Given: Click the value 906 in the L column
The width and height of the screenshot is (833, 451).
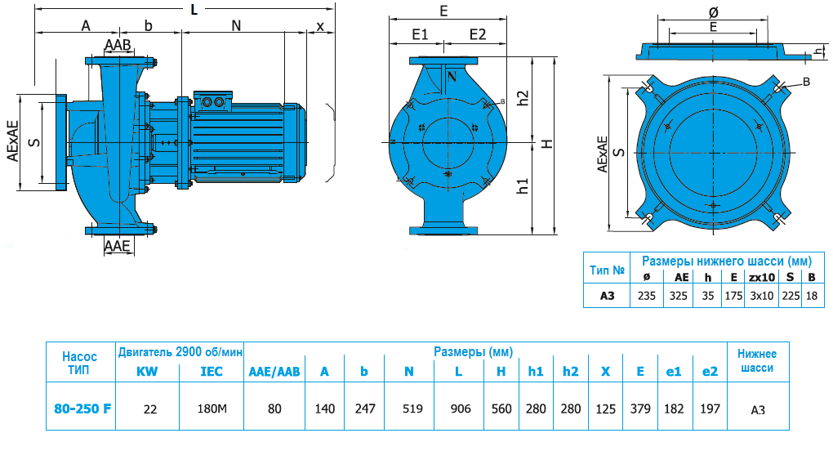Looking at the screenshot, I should [461, 409].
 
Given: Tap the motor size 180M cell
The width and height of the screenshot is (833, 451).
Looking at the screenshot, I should [213, 409].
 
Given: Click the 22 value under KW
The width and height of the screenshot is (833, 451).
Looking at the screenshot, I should [150, 409].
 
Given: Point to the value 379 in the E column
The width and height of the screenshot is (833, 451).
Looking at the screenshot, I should [641, 409].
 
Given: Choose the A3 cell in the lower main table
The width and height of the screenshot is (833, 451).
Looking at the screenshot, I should [758, 409].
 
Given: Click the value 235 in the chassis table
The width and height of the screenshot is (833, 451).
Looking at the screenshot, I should [648, 296].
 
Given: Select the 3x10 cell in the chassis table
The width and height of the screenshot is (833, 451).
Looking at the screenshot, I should [761, 296].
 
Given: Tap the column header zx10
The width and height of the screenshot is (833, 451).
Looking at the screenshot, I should [761, 277].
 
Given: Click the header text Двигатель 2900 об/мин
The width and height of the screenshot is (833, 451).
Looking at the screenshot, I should [180, 353].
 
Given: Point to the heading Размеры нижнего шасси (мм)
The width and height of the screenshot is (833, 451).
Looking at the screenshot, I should [727, 261].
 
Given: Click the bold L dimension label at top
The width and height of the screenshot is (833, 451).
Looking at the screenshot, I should [194, 10].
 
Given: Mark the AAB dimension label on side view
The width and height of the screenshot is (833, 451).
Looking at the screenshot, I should [118, 44].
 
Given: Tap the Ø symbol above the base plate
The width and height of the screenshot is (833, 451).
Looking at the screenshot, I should [714, 12].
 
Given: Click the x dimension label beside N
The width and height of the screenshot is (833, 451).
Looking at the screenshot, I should [320, 25].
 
